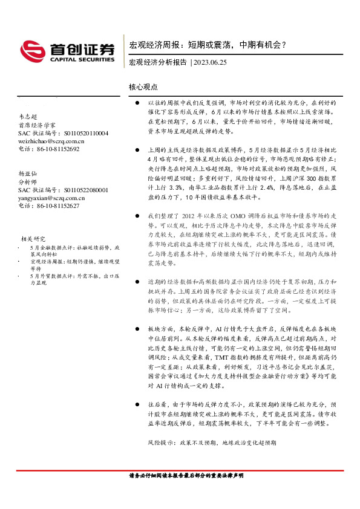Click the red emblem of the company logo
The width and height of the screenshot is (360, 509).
click(x=31, y=50)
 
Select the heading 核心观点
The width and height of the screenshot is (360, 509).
click(x=143, y=88)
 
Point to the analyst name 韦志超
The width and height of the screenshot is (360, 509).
click(x=27, y=117)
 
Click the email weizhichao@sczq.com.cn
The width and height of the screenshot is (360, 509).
click(x=51, y=140)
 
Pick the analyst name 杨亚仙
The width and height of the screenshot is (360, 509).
click(x=27, y=173)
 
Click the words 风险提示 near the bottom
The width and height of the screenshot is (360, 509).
click(x=162, y=443)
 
